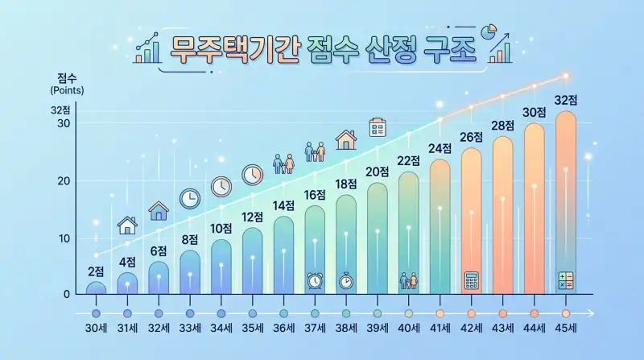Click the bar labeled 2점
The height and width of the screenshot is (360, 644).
point(96,288)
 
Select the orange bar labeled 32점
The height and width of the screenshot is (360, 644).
point(566,201)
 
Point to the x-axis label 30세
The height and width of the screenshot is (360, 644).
point(96,331)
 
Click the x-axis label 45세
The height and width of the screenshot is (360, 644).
point(566,331)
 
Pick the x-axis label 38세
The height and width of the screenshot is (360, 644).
point(346,331)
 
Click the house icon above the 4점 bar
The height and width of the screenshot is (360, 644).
point(127,225)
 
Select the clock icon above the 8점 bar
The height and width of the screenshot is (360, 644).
point(190,198)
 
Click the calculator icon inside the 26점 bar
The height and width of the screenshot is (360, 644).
point(472,280)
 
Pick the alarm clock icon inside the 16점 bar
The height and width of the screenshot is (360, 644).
point(315,280)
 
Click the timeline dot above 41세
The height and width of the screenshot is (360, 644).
point(440,312)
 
